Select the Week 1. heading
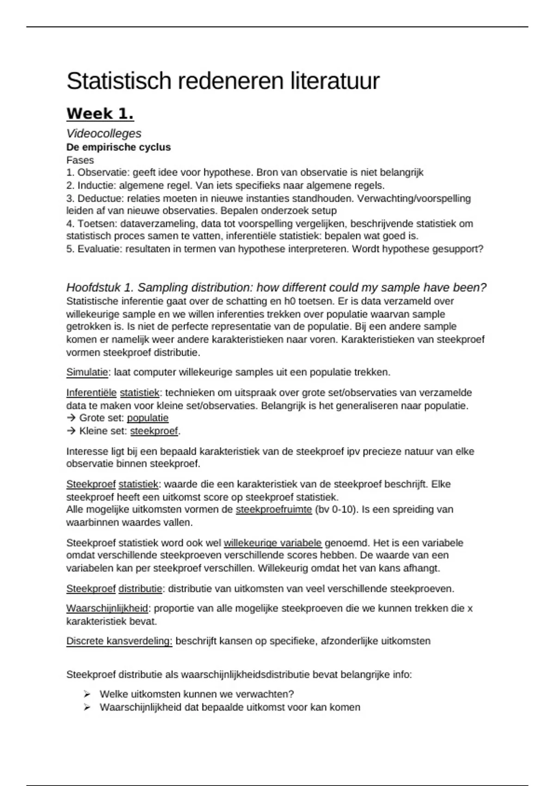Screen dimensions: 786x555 point(100,114)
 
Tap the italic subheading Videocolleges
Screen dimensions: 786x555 point(104,134)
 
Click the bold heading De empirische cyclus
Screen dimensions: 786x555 point(118,147)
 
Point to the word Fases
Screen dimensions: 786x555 point(80,160)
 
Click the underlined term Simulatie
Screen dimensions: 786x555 point(87,372)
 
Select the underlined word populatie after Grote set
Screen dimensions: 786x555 point(148,418)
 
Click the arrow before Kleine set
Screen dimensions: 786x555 point(71,431)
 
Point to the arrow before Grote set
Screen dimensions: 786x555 point(71,418)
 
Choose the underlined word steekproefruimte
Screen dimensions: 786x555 point(273,510)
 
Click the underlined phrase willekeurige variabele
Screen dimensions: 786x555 point(272,543)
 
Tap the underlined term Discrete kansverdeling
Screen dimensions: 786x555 point(119,641)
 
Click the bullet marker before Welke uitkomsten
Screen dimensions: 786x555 point(87,694)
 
